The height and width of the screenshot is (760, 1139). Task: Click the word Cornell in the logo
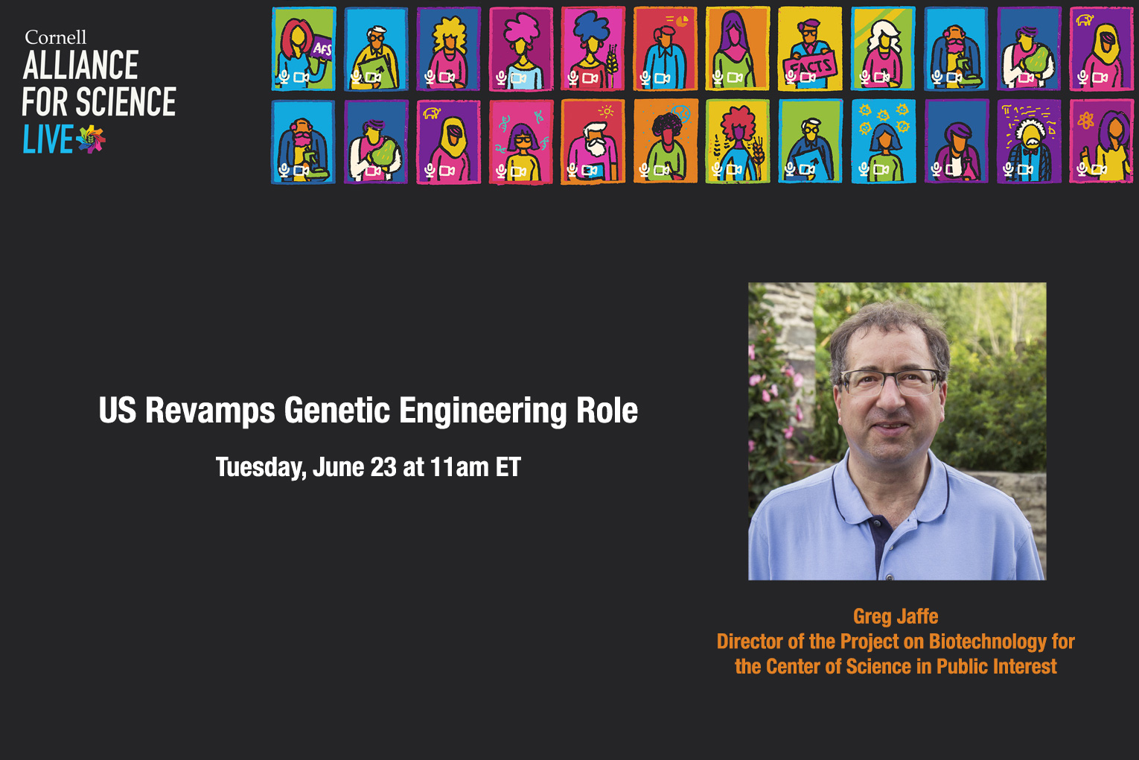[x=56, y=37]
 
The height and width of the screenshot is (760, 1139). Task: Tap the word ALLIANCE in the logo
[x=80, y=65]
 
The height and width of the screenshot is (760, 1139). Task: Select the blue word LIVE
[x=48, y=139]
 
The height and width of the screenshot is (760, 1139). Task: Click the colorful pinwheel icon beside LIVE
[x=91, y=139]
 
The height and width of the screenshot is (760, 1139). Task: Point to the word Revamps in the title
[x=210, y=411]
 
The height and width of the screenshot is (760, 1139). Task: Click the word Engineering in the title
[x=482, y=411]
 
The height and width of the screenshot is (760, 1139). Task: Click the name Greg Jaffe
[x=896, y=616]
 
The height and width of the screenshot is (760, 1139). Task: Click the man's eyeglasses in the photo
[x=890, y=382]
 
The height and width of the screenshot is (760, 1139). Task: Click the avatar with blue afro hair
[x=593, y=49]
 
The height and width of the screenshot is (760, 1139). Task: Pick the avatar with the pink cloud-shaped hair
[x=520, y=49]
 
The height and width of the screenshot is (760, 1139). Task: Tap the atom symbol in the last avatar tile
[x=1085, y=121]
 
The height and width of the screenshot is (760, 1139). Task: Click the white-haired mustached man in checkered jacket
[x=1029, y=142]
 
